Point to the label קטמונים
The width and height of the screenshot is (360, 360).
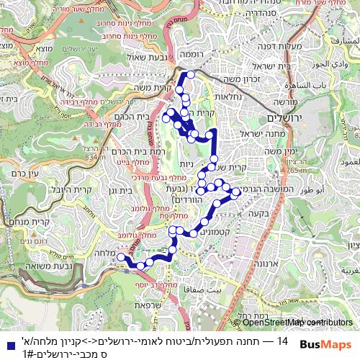coord(210,233)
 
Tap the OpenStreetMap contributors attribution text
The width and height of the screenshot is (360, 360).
coord(293,323)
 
